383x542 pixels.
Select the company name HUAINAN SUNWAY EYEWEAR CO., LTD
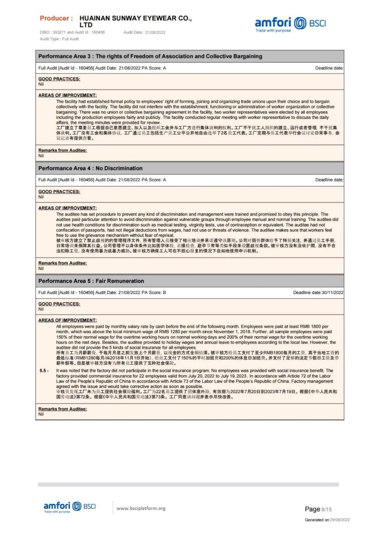coord(135,21)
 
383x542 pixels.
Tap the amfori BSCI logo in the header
coord(290,24)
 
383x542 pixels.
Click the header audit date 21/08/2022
coord(155,33)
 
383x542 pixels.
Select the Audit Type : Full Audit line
coord(59,39)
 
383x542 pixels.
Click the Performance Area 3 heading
coord(150,56)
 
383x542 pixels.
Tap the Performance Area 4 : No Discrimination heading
coord(90,168)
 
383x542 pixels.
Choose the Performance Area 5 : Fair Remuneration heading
coord(91,281)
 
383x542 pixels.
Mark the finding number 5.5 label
coord(44,371)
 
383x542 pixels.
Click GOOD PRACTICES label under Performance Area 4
coord(59,192)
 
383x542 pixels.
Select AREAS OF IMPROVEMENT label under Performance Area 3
coord(67,96)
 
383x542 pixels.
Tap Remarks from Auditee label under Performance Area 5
coord(63,409)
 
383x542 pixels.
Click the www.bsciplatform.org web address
coord(141,508)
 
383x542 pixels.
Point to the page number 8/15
coord(326,509)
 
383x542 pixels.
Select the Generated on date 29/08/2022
coord(340,520)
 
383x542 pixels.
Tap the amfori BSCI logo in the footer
coord(69,507)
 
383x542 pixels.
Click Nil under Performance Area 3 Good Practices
coord(41,84)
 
